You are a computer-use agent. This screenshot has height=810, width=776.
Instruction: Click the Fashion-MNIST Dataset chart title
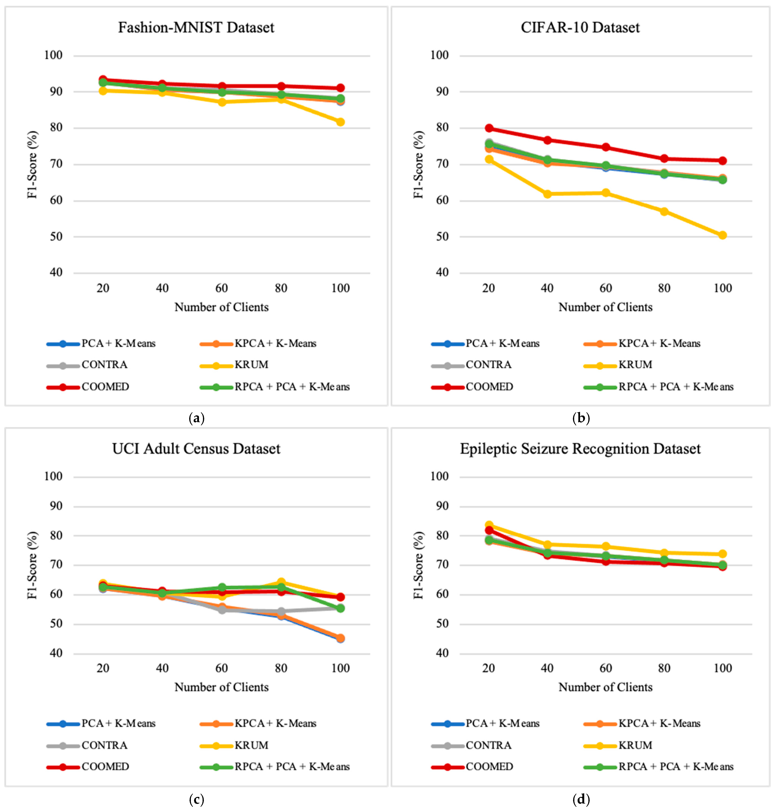(196, 27)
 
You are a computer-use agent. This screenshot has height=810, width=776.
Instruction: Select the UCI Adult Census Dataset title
(196, 449)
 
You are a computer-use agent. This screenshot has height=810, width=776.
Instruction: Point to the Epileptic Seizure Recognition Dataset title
(580, 449)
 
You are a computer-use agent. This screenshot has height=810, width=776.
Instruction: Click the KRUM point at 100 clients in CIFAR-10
(722, 235)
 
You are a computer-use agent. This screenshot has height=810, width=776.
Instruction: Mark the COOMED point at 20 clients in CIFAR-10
(489, 128)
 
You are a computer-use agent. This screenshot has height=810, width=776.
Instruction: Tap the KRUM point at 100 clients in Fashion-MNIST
(340, 122)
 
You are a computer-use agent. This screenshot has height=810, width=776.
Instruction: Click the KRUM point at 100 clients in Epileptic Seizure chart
(722, 554)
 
